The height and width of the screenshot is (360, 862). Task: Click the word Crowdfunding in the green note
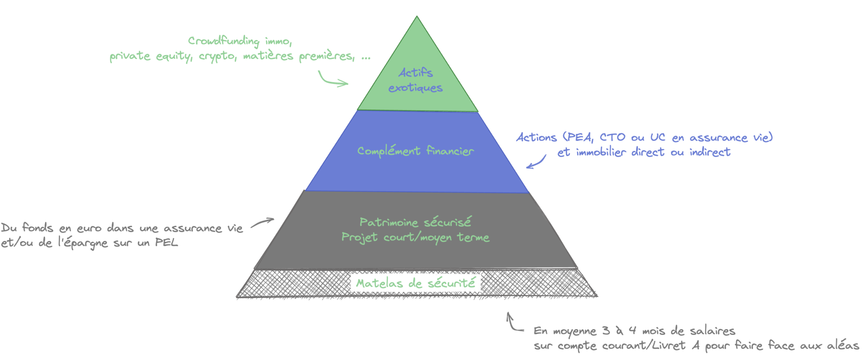(223, 41)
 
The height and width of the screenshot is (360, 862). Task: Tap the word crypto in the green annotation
(217, 56)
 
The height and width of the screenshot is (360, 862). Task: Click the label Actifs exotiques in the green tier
(415, 80)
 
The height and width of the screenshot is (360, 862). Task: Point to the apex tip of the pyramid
(417, 17)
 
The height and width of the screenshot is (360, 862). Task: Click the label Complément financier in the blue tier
(415, 151)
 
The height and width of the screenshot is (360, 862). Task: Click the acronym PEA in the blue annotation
(580, 137)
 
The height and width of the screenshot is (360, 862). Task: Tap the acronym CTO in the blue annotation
(612, 137)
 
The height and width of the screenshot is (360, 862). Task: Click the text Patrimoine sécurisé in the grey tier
(415, 222)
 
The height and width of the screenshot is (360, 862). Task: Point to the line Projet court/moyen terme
(415, 237)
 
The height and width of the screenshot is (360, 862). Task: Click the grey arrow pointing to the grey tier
(263, 222)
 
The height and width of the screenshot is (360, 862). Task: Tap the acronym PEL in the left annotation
(166, 243)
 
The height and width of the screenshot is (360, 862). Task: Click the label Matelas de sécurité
(415, 283)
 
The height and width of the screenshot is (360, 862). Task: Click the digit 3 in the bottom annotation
(606, 331)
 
